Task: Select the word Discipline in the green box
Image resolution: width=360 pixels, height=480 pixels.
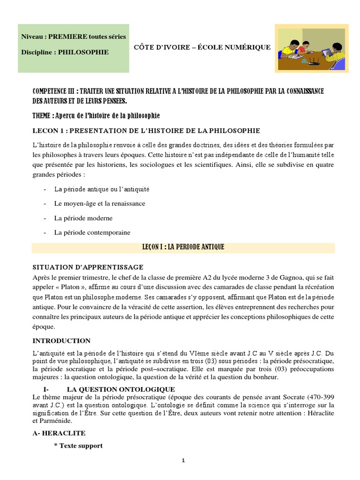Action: tap(37, 52)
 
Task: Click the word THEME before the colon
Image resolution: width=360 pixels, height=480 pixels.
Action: tap(42, 116)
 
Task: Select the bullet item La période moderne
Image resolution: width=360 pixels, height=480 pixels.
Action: tap(83, 218)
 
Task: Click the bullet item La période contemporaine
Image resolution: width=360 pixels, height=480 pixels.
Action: tap(92, 232)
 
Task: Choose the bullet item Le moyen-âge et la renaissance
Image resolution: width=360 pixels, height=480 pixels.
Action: tap(100, 203)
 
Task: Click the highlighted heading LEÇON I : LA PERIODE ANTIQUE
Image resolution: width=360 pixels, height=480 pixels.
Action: tap(183, 247)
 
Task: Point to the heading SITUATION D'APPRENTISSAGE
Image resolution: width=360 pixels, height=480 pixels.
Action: tap(88, 267)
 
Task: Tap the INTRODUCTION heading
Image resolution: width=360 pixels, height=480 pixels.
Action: tap(61, 340)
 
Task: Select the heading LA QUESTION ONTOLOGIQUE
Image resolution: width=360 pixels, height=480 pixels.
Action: tap(121, 389)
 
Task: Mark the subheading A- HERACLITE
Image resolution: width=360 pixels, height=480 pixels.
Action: tap(59, 433)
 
